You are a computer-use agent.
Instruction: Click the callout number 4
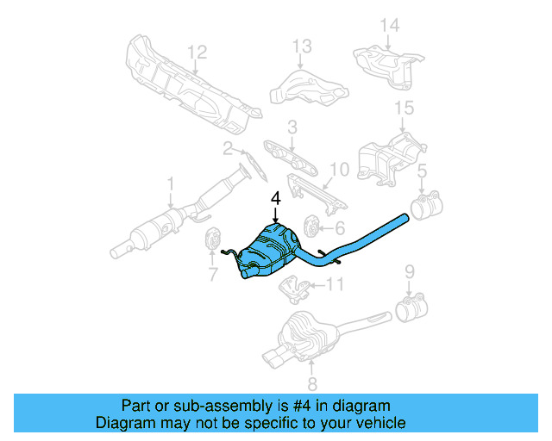coord(276,199)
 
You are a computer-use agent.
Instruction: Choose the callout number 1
coord(170,183)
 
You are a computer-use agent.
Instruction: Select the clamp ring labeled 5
coord(423,208)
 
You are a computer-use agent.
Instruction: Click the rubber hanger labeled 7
coord(210,241)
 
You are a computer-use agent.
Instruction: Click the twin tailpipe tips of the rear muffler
coord(275,356)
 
